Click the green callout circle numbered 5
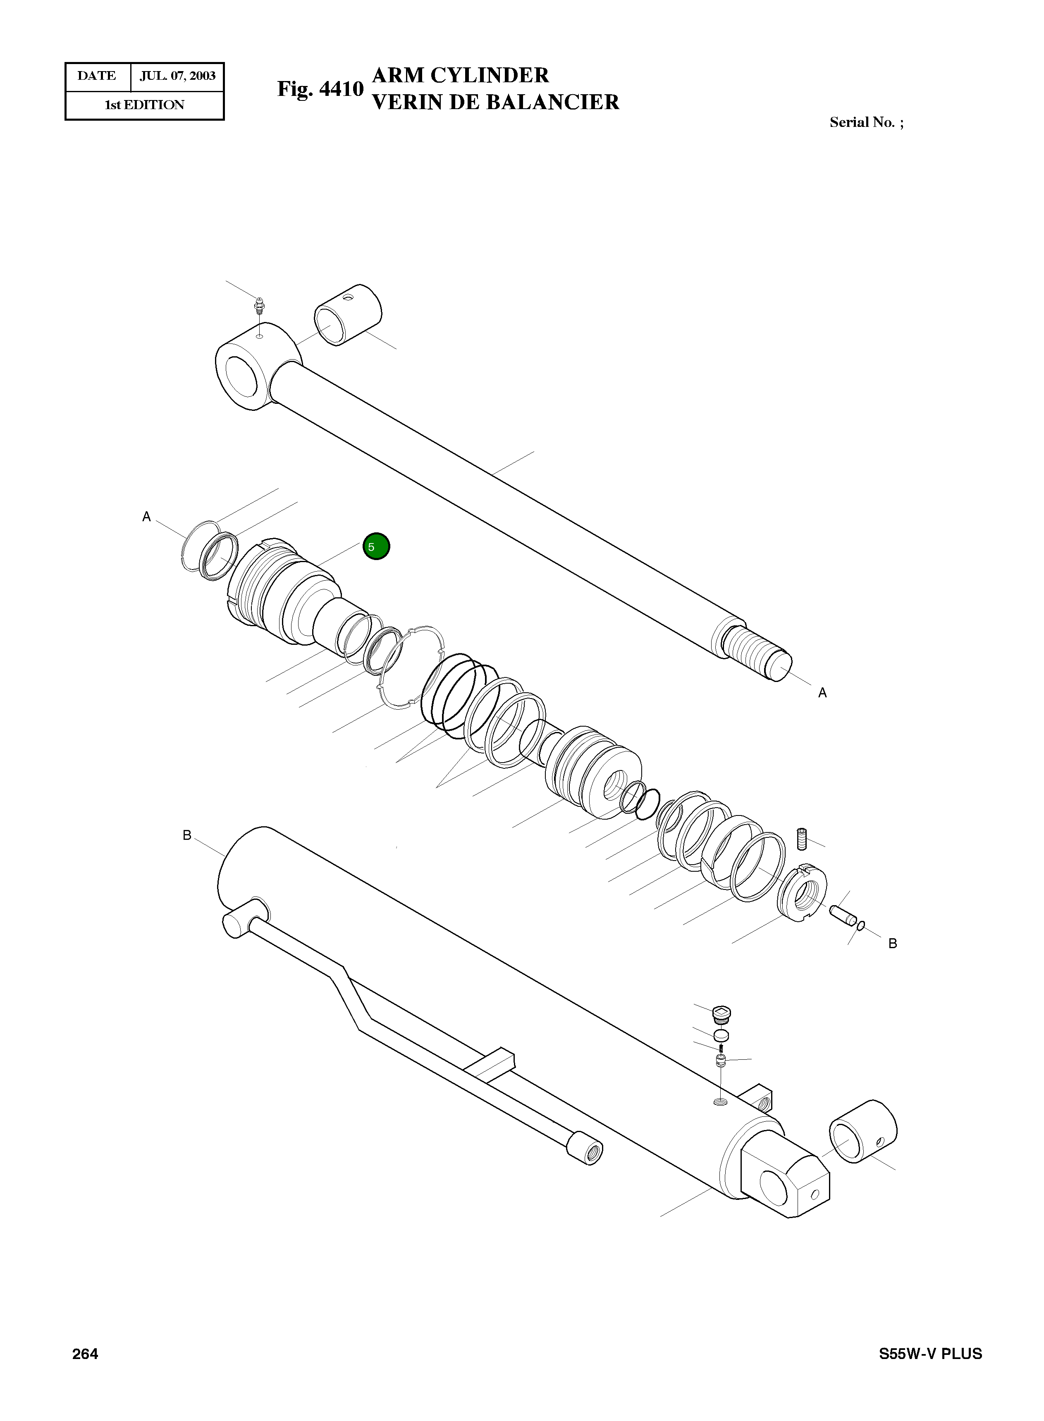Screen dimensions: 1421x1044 [376, 546]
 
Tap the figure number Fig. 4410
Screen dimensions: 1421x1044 [320, 89]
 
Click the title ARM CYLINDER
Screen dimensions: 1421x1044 [461, 75]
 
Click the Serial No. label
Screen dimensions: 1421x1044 [866, 122]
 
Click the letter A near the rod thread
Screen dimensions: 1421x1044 [822, 693]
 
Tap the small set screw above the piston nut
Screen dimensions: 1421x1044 [803, 839]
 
